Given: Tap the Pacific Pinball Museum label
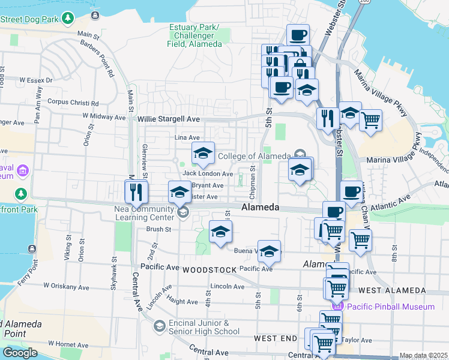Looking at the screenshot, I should [393, 307].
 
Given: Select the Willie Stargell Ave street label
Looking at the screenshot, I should [168, 119].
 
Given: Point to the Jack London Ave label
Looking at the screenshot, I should [208, 174].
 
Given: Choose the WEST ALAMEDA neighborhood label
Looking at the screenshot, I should [392, 290].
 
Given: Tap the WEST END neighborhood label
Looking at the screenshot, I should [276, 338].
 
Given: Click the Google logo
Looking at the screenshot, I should [20, 352].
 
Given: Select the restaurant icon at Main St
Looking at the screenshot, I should [136, 192].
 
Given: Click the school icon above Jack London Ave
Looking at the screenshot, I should [203, 154].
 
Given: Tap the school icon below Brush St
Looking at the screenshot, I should [220, 232].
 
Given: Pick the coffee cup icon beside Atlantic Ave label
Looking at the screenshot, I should [352, 192].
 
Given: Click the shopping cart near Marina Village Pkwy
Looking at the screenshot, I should [371, 120].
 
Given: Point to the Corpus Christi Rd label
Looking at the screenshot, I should [73, 103].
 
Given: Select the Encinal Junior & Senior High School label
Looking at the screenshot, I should [204, 327].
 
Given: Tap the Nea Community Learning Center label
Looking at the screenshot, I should [135, 212].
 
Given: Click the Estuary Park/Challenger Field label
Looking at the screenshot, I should [194, 35].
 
